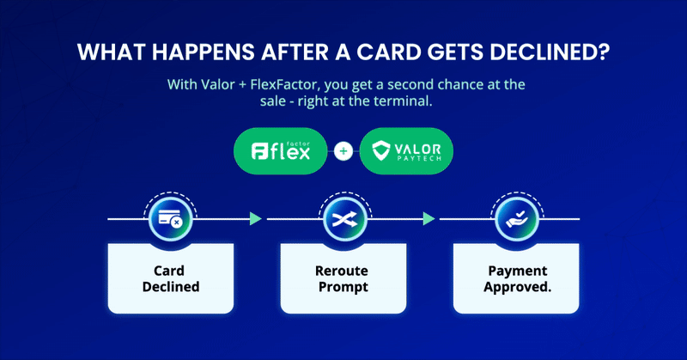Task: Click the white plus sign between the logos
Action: [343, 152]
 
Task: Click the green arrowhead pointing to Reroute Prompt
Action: [255, 220]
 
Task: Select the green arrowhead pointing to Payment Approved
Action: [427, 220]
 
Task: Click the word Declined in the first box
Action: [170, 286]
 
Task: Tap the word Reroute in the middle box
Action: [342, 270]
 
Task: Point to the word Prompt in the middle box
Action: [342, 286]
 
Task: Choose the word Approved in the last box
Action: [514, 286]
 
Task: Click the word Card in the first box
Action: [170, 270]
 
